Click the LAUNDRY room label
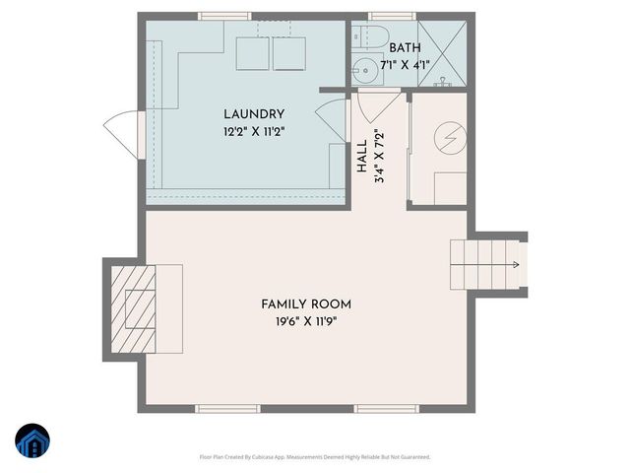(253, 114)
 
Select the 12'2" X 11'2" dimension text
(253, 131)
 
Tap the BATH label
(405, 48)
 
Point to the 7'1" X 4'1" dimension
(405, 65)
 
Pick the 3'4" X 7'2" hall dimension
(379, 158)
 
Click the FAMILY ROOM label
(305, 304)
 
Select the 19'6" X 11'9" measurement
(305, 321)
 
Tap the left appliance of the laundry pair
(253, 54)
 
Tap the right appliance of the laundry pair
(290, 54)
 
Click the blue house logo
(31, 440)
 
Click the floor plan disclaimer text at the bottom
(315, 457)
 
